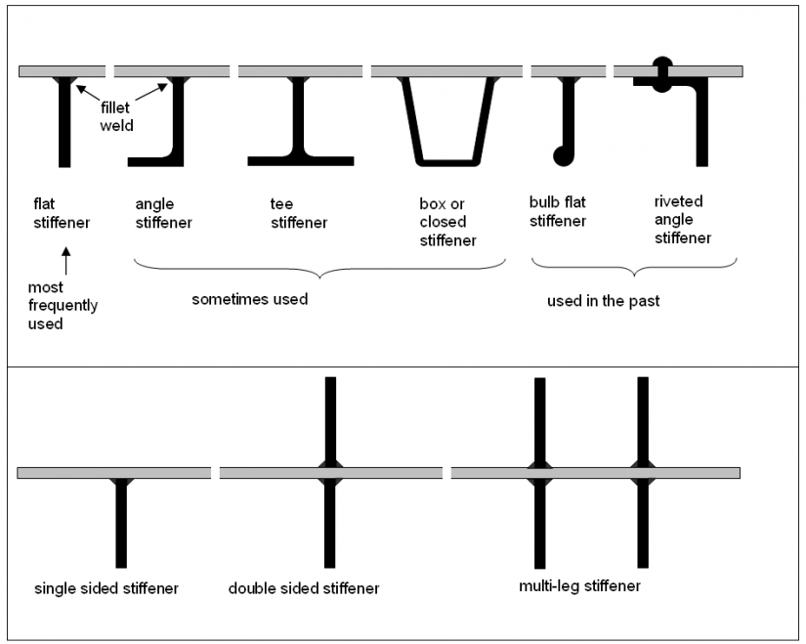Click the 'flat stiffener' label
point(61,213)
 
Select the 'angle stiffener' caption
point(163,213)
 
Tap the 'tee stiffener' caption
point(298,213)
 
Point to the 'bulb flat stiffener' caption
point(557,211)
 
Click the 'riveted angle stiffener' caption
point(682,220)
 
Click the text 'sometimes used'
point(249,299)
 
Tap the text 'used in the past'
point(603,301)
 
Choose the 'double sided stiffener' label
point(304,588)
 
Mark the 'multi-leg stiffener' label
point(580,586)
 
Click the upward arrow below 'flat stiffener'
point(65,260)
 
